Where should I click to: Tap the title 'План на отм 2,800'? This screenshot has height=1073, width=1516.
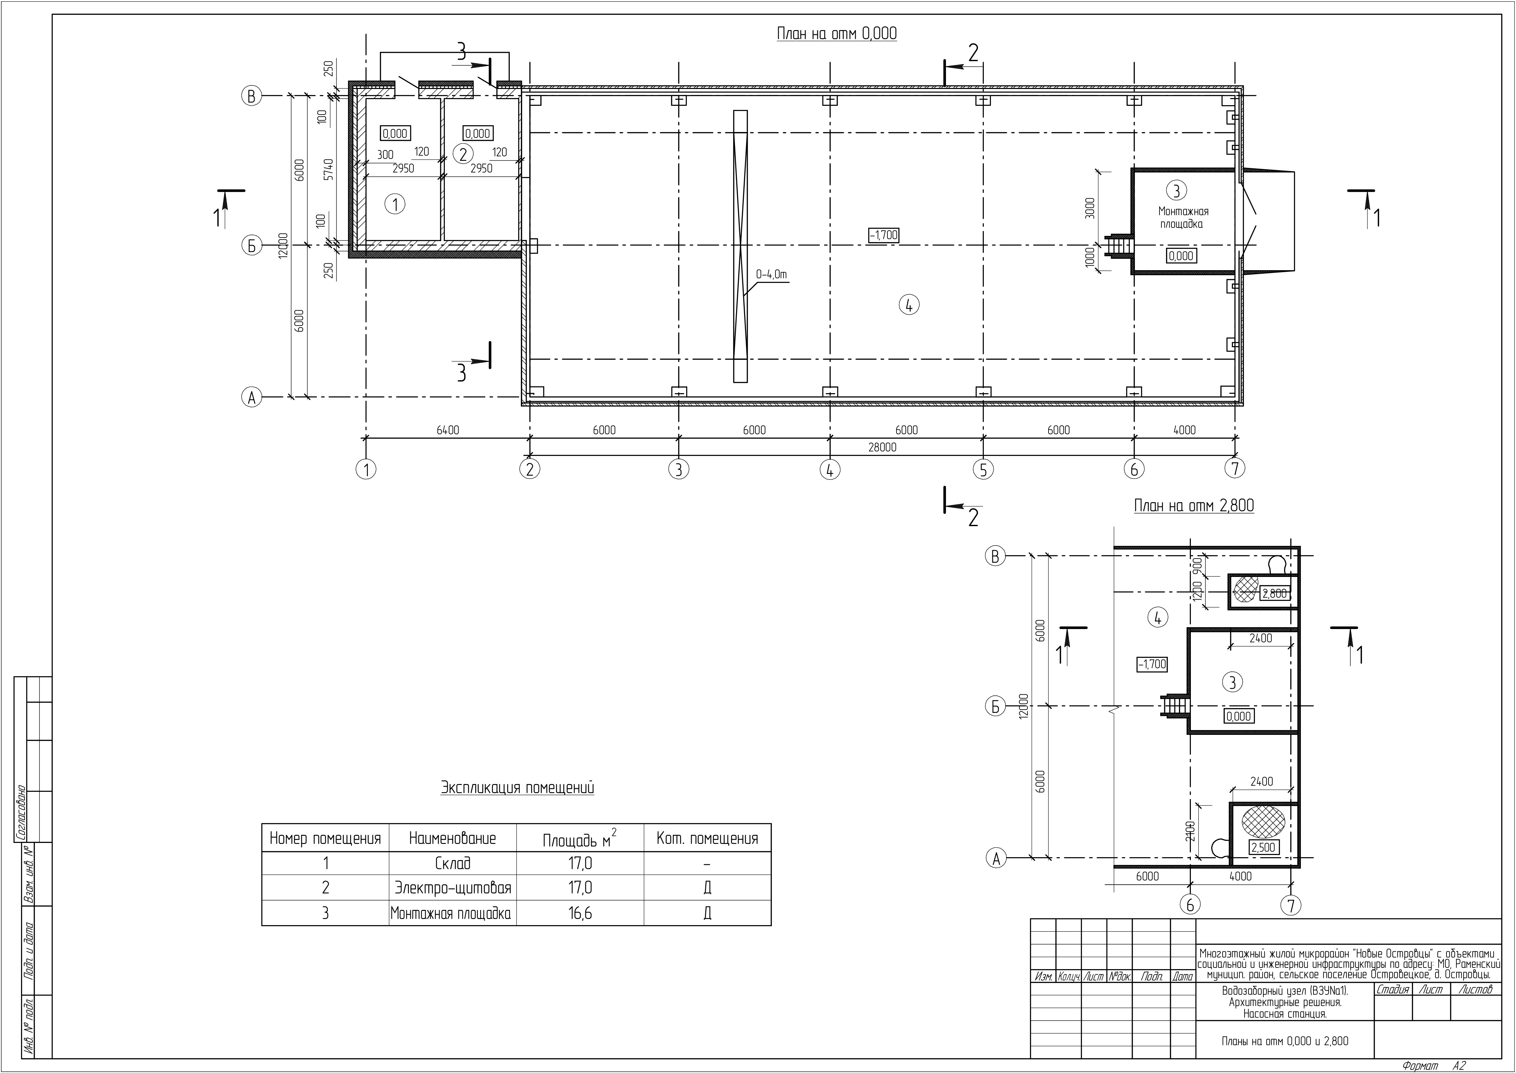tap(1194, 506)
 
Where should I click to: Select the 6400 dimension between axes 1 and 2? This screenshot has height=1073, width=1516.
tap(448, 430)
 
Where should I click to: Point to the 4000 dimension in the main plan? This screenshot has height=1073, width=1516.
tap(1184, 430)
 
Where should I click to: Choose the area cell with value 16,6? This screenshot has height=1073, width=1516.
tap(581, 913)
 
